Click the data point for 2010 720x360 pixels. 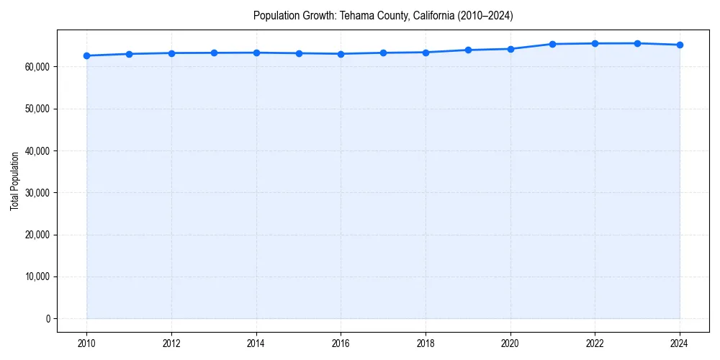pyautogui.click(x=86, y=55)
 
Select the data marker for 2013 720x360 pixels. pyautogui.click(x=214, y=53)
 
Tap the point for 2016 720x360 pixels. pyautogui.click(x=341, y=54)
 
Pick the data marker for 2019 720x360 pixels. pyautogui.click(x=468, y=50)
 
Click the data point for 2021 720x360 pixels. pyautogui.click(x=552, y=44)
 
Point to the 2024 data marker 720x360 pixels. pyautogui.click(x=680, y=45)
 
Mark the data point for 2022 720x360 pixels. pyautogui.click(x=595, y=43)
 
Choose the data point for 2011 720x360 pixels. pyautogui.click(x=129, y=54)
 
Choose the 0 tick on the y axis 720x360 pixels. pyautogui.click(x=48, y=318)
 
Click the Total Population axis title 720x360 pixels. pyautogui.click(x=14, y=181)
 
